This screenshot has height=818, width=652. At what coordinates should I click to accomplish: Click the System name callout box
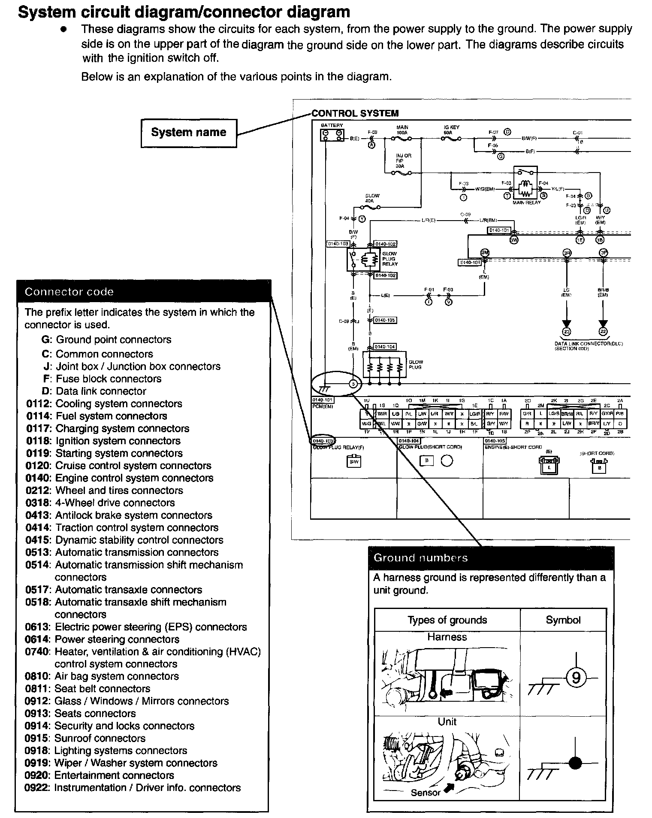[189, 133]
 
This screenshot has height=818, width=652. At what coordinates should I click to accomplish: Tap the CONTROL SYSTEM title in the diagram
[355, 113]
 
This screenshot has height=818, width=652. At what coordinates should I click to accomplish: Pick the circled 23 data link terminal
[567, 331]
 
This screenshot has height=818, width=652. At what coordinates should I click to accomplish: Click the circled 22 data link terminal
[603, 331]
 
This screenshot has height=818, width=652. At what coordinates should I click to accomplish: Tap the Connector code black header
[144, 292]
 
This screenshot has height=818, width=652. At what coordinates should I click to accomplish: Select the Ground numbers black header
[491, 558]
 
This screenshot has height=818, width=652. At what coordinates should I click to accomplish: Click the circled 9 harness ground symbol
[576, 678]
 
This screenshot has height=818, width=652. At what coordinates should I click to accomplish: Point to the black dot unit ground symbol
[575, 763]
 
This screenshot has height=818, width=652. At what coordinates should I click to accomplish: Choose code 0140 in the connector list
[37, 478]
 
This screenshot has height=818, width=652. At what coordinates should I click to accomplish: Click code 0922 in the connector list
[37, 788]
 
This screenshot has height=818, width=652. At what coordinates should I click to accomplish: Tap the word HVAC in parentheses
[244, 651]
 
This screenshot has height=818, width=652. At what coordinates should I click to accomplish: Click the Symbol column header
[563, 620]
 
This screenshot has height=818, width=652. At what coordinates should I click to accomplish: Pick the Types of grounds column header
[447, 620]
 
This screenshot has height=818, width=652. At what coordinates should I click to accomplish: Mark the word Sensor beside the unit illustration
[426, 793]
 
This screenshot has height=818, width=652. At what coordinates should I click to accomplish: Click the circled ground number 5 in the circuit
[353, 384]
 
